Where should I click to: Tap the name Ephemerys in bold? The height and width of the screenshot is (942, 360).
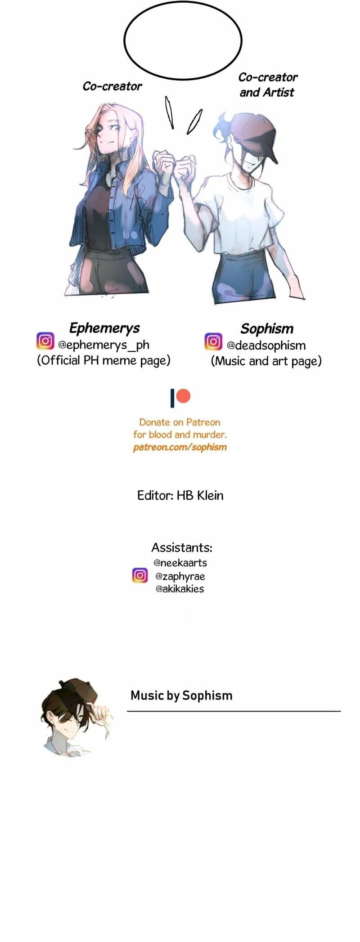coord(104,328)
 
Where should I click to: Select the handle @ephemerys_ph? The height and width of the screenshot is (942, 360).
coord(103,345)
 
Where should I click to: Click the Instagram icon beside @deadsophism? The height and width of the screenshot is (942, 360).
coord(213,341)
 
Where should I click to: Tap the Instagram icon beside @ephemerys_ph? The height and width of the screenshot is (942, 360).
coord(45,341)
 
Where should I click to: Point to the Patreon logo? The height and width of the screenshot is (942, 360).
coord(180,398)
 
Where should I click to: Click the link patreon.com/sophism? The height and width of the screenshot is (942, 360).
coord(180,447)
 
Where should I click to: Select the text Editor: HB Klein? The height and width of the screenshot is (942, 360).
coord(180,495)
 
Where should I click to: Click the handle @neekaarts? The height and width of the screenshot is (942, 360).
coord(180,563)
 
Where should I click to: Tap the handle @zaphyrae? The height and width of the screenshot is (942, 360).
coord(180,576)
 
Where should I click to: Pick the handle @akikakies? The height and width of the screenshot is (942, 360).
coord(180,589)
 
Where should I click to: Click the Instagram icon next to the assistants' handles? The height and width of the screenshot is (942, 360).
coord(140,575)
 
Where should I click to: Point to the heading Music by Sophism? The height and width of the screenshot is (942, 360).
coord(181,695)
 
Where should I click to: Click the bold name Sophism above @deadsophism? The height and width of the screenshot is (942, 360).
coord(267,329)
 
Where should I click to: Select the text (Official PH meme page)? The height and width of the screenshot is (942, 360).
coord(103,360)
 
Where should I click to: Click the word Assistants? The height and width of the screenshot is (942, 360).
coord(182,547)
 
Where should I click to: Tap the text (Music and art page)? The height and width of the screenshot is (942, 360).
coord(266,361)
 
